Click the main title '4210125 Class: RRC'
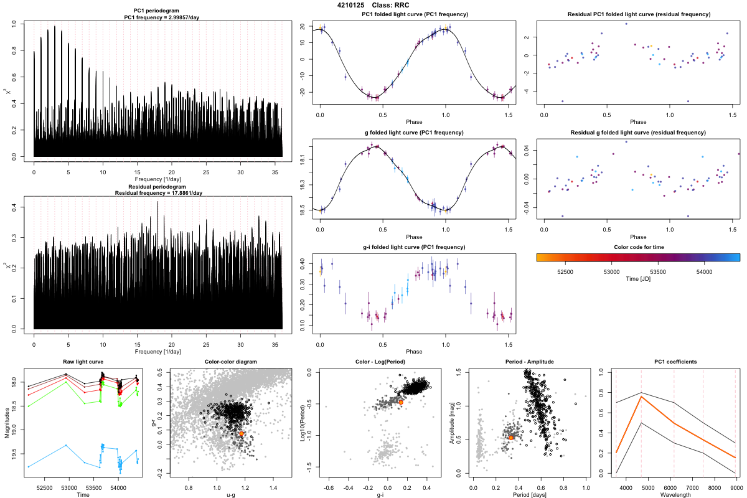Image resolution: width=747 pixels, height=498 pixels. [373, 5]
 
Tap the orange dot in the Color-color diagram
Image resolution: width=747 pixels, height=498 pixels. [241, 433]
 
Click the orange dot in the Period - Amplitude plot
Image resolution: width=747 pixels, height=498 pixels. [511, 438]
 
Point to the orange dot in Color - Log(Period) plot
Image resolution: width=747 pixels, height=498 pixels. [401, 402]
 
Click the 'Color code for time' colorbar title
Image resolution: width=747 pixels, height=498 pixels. [638, 247]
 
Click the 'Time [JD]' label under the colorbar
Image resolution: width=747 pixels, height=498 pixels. [638, 280]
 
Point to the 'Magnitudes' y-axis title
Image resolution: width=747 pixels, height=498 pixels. [7, 424]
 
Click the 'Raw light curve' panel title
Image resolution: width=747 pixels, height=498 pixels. [83, 362]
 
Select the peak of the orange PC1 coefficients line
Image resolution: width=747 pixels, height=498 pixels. [641, 397]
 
